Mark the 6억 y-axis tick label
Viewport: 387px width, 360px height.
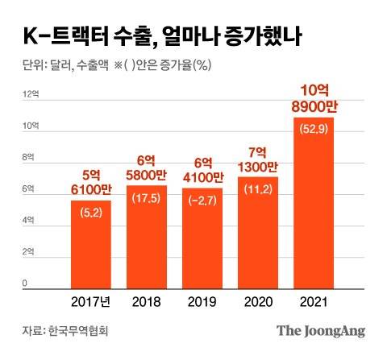[x=27, y=189]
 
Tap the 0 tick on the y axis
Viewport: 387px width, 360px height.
[x=25, y=283]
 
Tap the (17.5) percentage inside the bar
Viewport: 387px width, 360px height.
[x=147, y=197]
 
